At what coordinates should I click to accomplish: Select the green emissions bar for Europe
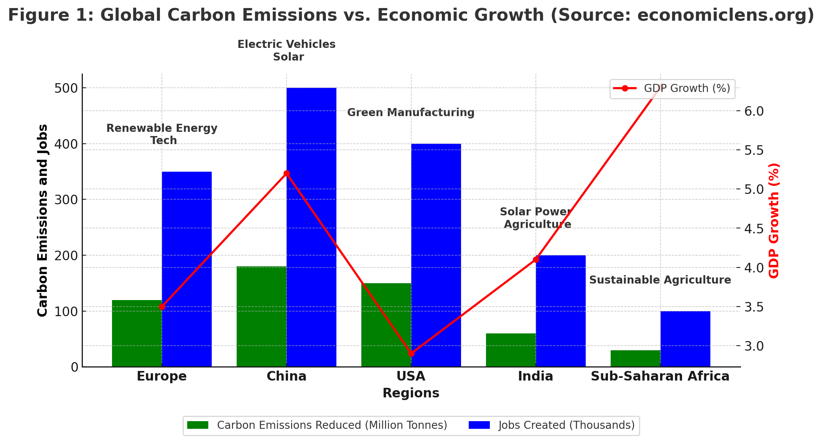[137, 333]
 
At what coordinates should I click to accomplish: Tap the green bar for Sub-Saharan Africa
[635, 358]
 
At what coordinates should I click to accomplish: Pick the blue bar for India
[560, 311]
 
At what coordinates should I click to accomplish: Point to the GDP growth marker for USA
[411, 353]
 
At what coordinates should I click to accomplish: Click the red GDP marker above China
[287, 174]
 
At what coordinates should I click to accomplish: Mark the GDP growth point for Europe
[162, 307]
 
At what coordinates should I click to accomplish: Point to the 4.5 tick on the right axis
[754, 229]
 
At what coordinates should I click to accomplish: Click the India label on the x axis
[535, 376]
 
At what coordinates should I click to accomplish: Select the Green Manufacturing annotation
[411, 113]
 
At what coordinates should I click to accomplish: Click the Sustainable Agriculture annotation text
[660, 280]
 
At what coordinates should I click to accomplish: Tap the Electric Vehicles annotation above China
[287, 44]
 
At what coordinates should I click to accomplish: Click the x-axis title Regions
[411, 393]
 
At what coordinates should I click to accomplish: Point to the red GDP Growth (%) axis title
[774, 220]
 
